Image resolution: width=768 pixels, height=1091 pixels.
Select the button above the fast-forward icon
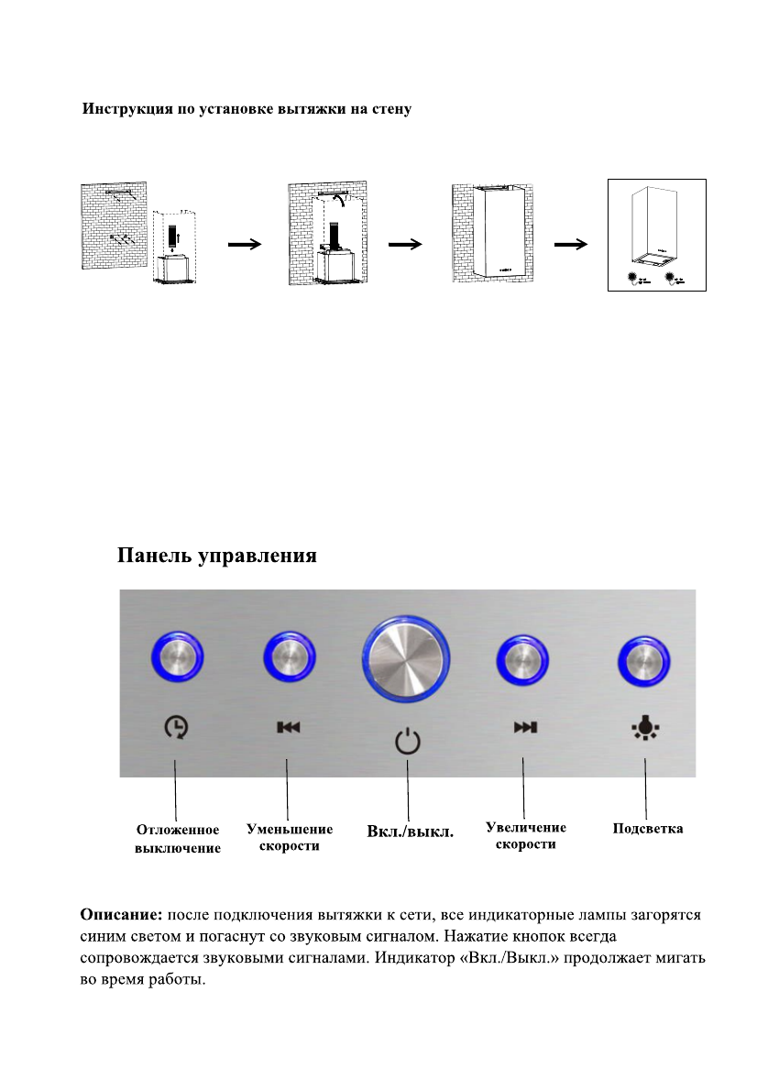pos(523,659)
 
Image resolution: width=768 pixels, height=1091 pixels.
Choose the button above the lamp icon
pos(644,659)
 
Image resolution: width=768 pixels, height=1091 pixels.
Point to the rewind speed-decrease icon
pos(289,728)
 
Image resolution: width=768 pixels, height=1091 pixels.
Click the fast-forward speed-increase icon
pos(524,728)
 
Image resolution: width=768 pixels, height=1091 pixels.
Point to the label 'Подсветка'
pos(648,829)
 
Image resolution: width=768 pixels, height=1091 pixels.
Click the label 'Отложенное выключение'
pos(178,839)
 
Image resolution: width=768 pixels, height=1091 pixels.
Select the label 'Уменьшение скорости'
pos(290,837)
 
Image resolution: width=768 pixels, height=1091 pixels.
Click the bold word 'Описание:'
pos(121,915)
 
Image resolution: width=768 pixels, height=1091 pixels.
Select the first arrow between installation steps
pos(244,245)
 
